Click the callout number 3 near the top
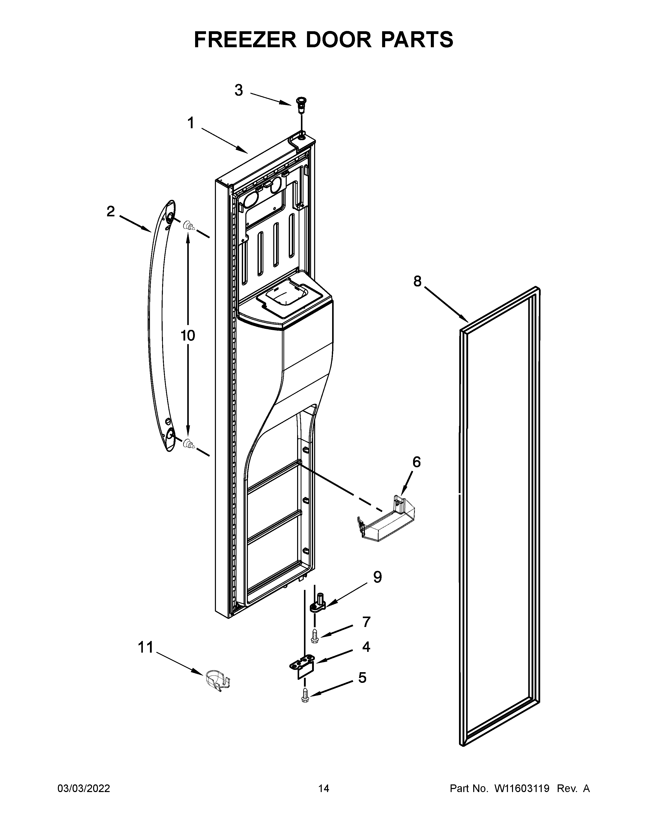coord(239,91)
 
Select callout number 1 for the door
coord(191,124)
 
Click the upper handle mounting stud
coord(188,225)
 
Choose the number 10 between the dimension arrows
coord(188,335)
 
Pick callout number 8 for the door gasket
coord(417,281)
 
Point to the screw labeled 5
coord(305,695)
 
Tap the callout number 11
coord(145,647)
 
